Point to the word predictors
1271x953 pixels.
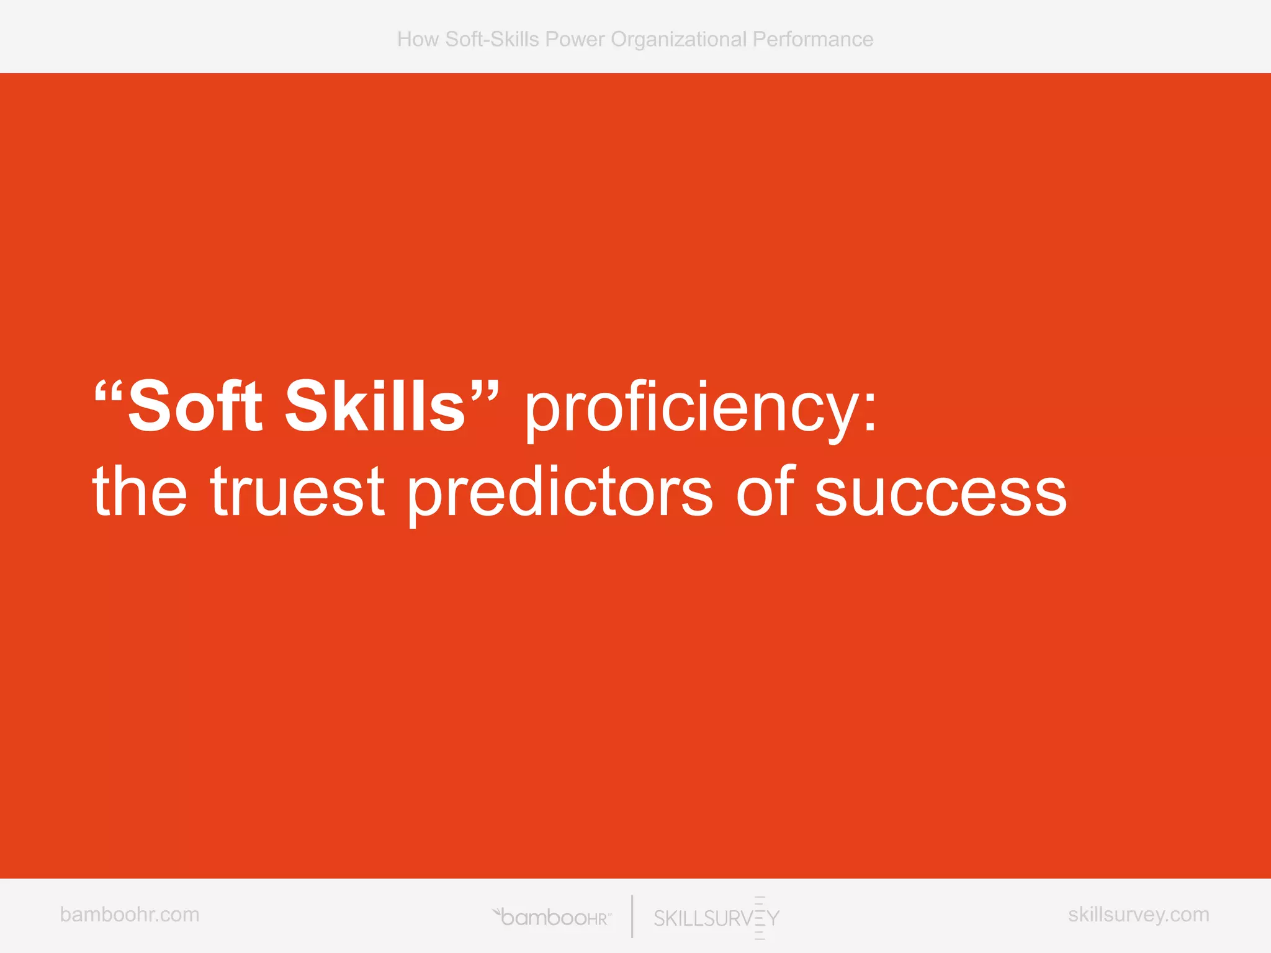point(560,494)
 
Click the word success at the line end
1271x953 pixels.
point(941,494)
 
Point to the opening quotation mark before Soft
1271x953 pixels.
point(109,390)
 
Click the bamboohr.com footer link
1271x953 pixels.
point(130,915)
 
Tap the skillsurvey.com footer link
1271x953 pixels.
point(1138,915)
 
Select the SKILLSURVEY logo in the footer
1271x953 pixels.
point(716,918)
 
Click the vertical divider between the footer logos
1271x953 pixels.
point(632,916)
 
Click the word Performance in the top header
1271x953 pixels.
point(812,39)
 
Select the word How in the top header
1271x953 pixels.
point(418,39)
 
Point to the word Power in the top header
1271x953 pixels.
point(575,39)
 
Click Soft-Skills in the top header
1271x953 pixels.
point(492,39)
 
